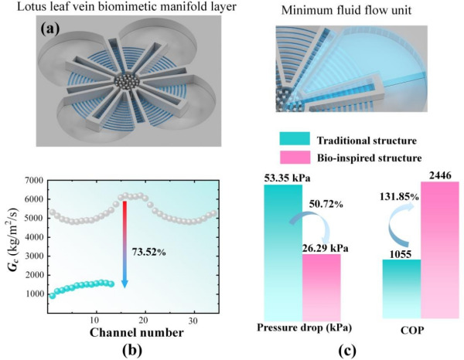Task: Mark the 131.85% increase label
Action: point(400,197)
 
